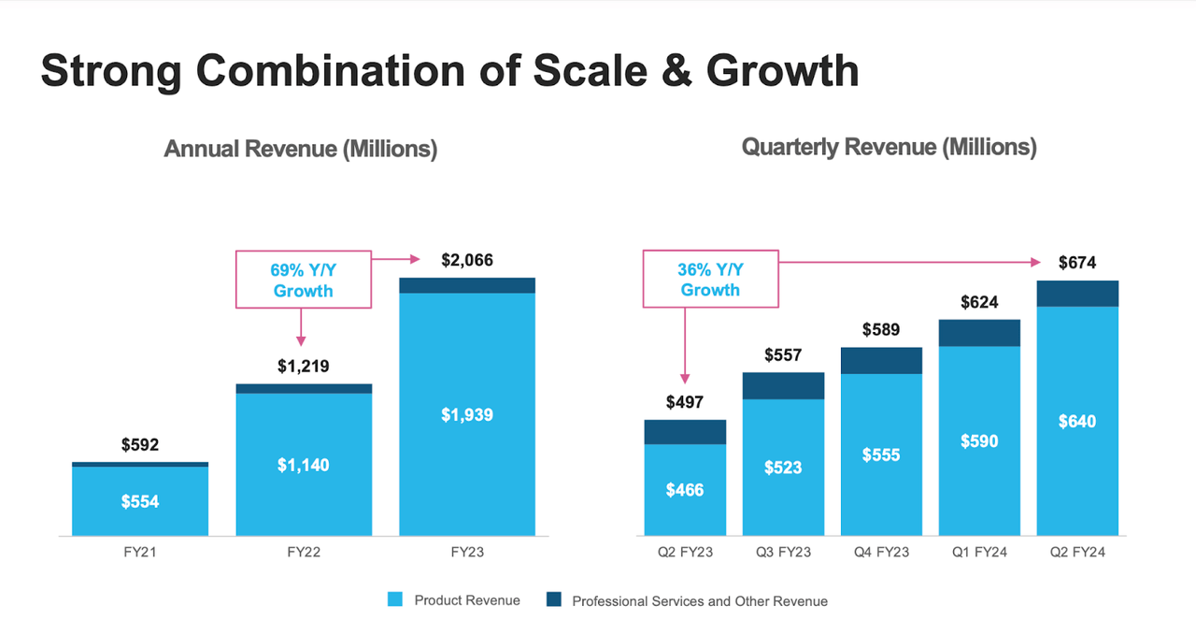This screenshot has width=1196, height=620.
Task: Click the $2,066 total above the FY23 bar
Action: [466, 260]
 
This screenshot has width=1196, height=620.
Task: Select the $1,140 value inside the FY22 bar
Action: [303, 465]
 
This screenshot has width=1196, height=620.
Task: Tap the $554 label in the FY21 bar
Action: [140, 502]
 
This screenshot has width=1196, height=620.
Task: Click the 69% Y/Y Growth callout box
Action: [303, 280]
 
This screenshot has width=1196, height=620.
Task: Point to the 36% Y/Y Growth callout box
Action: [710, 280]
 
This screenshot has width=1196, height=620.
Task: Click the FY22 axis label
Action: [303, 553]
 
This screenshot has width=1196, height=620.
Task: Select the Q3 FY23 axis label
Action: [783, 553]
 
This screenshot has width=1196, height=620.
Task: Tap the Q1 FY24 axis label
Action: [979, 553]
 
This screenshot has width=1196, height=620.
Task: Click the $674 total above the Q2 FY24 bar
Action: [1077, 263]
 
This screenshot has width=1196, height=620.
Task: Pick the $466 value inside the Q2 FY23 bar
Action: [685, 490]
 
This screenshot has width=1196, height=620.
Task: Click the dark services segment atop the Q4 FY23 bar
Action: [881, 361]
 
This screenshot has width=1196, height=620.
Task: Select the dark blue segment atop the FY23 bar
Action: [466, 285]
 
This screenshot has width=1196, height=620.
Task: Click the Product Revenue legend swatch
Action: [394, 600]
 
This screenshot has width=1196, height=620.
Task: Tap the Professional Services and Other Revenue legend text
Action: [699, 601]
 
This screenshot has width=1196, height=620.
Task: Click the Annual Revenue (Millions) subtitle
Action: [300, 149]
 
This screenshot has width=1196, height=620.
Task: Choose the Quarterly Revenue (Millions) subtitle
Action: [889, 147]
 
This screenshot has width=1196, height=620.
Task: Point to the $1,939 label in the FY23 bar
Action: [466, 415]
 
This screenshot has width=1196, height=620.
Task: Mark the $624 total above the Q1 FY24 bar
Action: [979, 302]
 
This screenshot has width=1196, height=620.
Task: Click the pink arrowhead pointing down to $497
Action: [685, 378]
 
